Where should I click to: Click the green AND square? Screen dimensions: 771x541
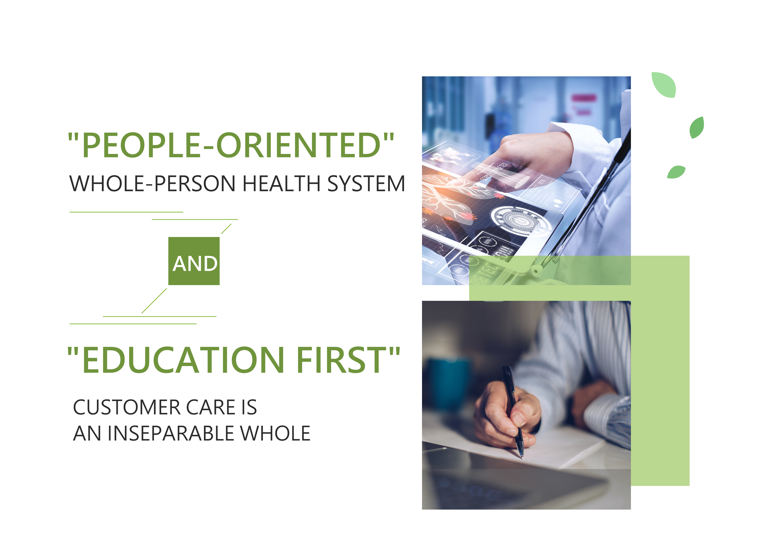[194, 261]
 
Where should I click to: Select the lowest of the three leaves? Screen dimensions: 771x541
[676, 172]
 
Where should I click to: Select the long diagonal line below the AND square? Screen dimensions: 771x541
[154, 301]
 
